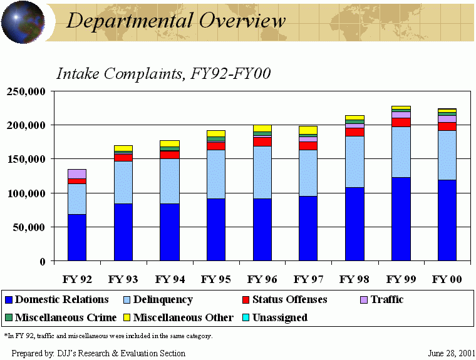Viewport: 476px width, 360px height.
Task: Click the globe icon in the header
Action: click(23, 22)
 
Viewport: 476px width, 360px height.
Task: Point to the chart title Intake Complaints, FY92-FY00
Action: click(163, 73)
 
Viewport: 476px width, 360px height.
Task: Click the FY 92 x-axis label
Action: click(77, 279)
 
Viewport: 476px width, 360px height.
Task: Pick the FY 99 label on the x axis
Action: click(401, 279)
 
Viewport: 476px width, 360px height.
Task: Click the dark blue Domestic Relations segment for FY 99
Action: click(401, 219)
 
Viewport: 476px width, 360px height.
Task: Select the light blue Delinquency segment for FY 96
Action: click(262, 172)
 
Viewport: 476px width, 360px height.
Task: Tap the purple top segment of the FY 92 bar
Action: click(77, 173)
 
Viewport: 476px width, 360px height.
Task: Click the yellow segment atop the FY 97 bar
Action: click(308, 130)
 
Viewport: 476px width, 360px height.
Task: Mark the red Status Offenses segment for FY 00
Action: click(447, 126)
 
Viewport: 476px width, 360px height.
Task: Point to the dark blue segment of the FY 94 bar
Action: click(169, 232)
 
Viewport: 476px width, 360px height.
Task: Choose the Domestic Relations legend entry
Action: click(56, 300)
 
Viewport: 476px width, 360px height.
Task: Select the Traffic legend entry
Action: click(382, 300)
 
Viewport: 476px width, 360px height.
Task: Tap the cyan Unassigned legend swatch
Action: click(246, 317)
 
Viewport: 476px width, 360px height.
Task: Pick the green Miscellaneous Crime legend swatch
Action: click(8, 317)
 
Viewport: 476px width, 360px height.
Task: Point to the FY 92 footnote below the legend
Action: click(108, 336)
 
